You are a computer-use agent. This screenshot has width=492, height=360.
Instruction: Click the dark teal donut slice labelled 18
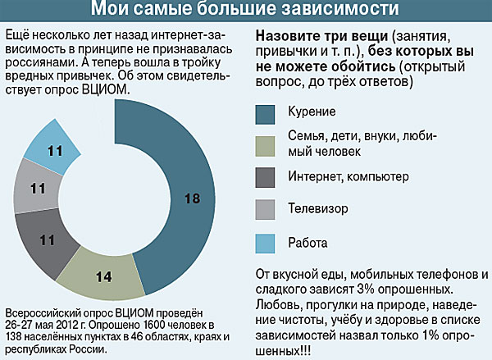point(190,198)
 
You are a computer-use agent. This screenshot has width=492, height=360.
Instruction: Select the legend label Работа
point(307,242)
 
